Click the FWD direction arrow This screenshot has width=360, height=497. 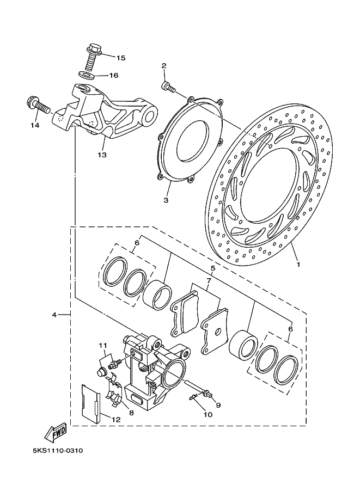(56, 432)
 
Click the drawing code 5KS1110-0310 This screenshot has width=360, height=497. (58, 450)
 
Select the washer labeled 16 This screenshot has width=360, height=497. (87, 75)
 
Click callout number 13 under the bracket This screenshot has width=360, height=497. (102, 155)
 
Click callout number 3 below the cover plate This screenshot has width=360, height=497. (166, 201)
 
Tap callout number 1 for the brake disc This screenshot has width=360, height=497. (298, 264)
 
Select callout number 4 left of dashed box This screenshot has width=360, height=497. (54, 315)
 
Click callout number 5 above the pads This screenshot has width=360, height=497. (213, 268)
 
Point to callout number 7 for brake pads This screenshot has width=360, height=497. (209, 280)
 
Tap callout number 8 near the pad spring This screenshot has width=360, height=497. (131, 413)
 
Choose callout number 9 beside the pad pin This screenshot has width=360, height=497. (218, 405)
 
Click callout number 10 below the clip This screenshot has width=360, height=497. (208, 414)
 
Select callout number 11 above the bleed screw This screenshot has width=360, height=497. (103, 345)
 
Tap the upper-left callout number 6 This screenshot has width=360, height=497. (137, 242)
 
